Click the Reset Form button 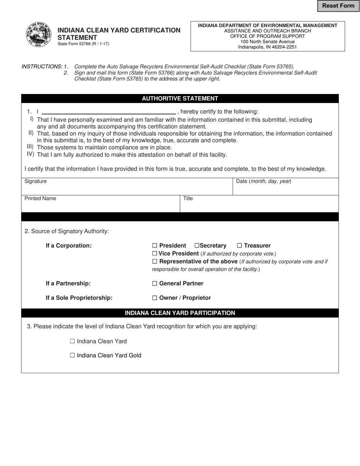338,6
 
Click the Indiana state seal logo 39,35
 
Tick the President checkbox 155,246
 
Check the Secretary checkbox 197,246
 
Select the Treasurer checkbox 239,246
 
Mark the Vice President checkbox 155,253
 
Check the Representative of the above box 155,262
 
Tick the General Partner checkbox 155,284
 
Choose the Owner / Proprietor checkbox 155,298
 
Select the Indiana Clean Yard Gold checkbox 72,356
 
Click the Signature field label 36,181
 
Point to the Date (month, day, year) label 264,181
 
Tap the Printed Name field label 40,199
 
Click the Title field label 188,199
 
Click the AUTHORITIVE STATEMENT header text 180,99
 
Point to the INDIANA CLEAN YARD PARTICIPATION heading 180,313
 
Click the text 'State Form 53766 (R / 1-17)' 83,44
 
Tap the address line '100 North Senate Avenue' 268,42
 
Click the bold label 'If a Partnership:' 68,284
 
